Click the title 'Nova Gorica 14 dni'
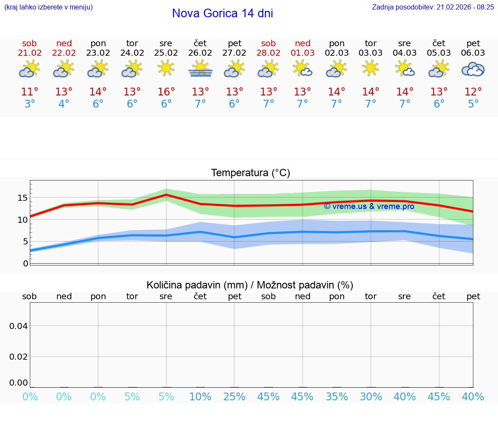222,13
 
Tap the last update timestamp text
433,7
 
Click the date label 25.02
166,53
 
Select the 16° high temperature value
166,92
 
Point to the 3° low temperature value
29,104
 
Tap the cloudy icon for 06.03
473,69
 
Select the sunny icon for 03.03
370,68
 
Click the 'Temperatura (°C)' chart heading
250,173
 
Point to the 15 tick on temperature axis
22,198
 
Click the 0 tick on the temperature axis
26,263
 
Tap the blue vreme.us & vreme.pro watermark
369,206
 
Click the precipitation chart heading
250,285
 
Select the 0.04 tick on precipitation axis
19,326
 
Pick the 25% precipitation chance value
234,397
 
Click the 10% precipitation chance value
200,397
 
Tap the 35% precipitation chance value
337,397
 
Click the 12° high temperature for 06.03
473,92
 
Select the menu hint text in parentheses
48,7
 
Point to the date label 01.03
303,53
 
